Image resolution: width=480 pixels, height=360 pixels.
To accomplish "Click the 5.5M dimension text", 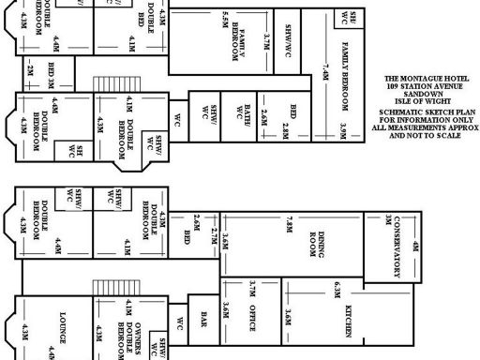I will tap(226, 19).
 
